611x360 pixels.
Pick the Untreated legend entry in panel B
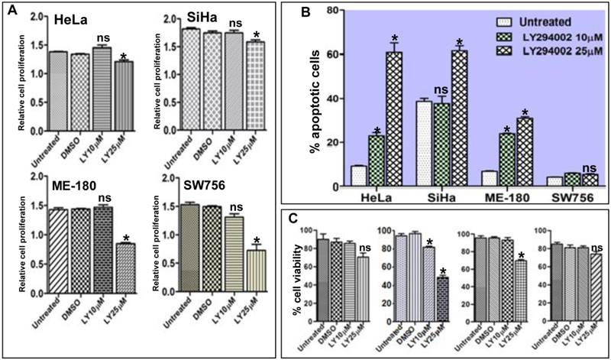tap(496, 23)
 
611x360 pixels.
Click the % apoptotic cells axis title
tap(313, 118)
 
